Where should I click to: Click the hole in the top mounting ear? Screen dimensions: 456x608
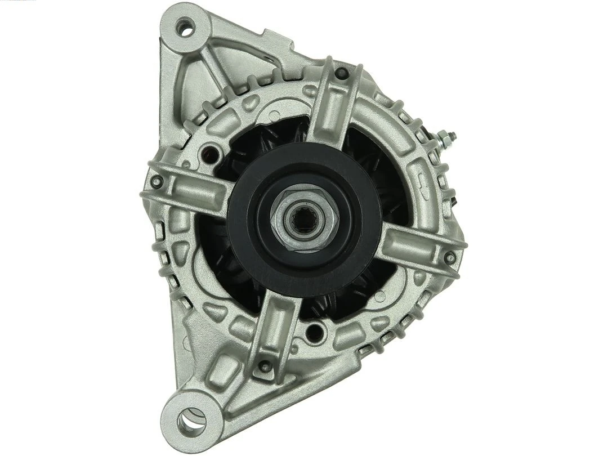pyautogui.click(x=184, y=25)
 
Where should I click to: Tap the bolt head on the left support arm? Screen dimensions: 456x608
pyautogui.click(x=157, y=181)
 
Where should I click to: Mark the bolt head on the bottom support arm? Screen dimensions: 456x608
pyautogui.click(x=262, y=366)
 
